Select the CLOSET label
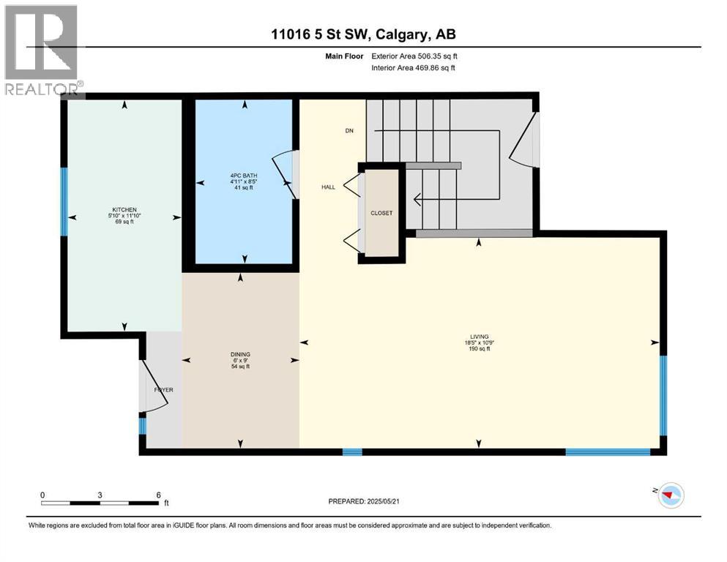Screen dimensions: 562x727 point(381,214)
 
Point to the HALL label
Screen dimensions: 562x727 point(328,187)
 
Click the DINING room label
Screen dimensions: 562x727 point(241,354)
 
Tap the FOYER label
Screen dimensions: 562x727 point(163,390)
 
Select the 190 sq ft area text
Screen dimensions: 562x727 point(480,349)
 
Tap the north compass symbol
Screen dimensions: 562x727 point(669,495)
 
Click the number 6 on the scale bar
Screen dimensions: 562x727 point(158,495)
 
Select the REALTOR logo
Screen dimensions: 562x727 point(42,51)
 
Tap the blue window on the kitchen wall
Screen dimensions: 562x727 point(64,201)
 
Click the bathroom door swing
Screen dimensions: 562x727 point(286,176)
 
